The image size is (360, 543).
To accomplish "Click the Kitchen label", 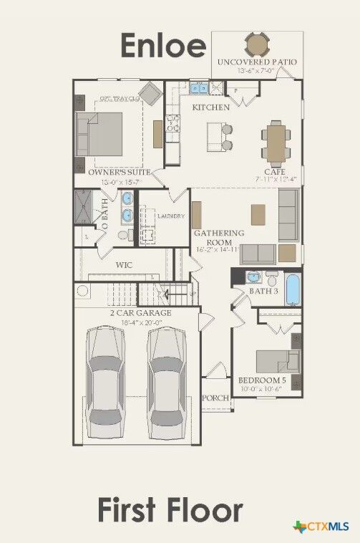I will pyautogui.click(x=210, y=107).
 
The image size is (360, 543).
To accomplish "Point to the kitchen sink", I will pyautogui.click(x=197, y=88).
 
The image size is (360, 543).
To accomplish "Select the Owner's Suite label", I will pyautogui.click(x=119, y=173).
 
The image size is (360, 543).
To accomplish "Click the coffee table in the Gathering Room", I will pyautogui.click(x=258, y=214).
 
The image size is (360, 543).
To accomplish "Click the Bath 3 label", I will pyautogui.click(x=263, y=292).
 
